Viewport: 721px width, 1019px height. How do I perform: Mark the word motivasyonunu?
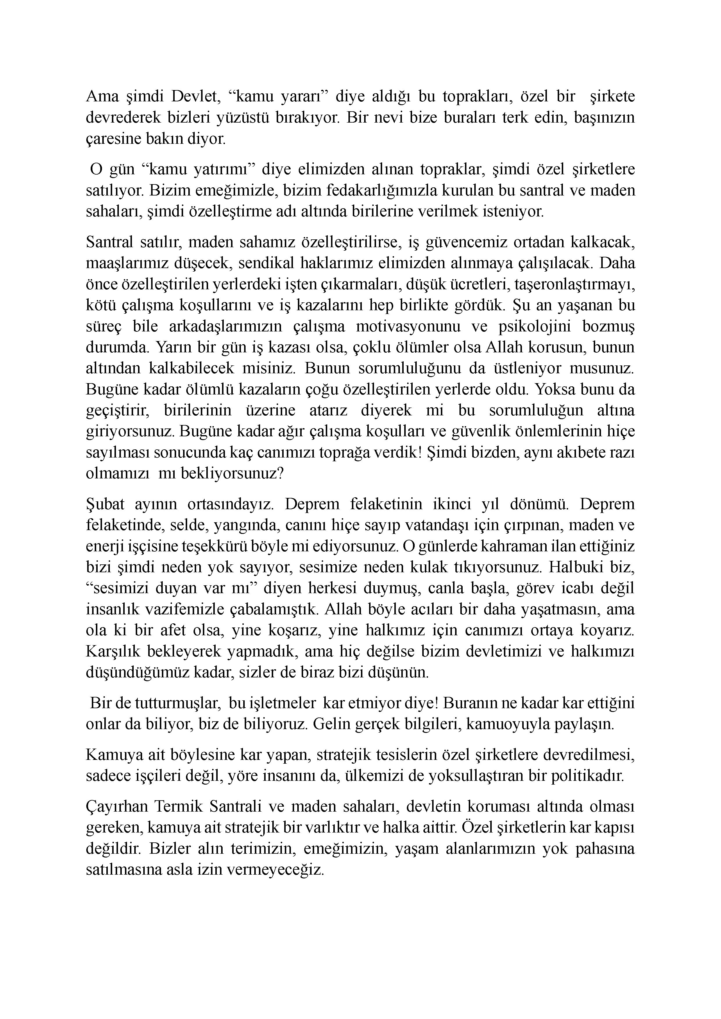[411, 326]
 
